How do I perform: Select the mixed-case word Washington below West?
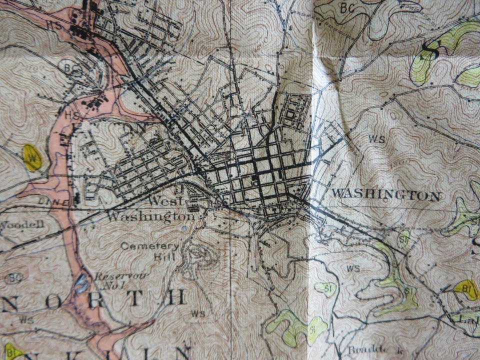pyautogui.click(x=150, y=216)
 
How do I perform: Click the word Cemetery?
pyautogui.click(x=149, y=246)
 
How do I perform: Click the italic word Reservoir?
pyautogui.click(x=112, y=276)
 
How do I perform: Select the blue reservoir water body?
pyautogui.click(x=81, y=284)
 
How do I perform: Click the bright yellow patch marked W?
pyautogui.click(x=33, y=157)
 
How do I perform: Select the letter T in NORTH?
pyautogui.click(x=134, y=298)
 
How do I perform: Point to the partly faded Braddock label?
pyautogui.click(x=363, y=350)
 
